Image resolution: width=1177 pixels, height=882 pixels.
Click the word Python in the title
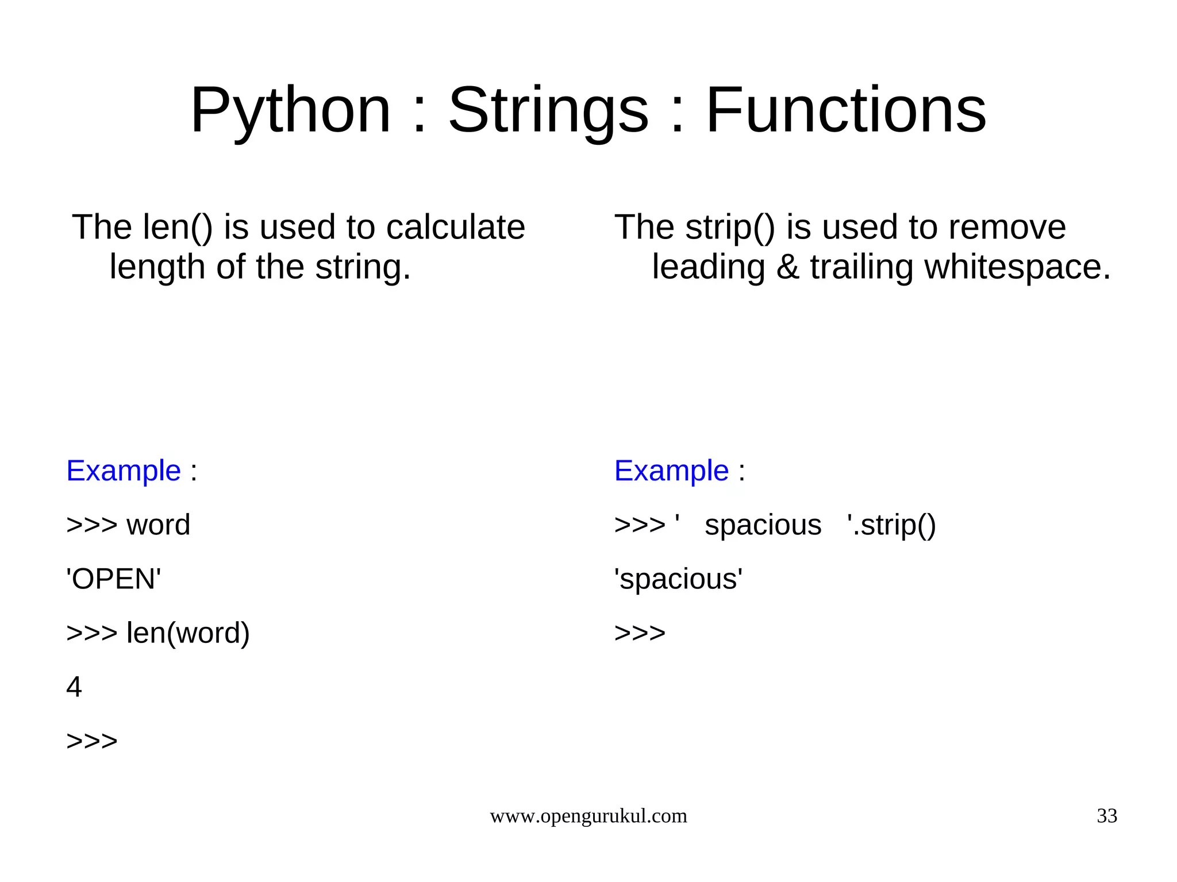(290, 110)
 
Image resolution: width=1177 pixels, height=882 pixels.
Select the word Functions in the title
(845, 110)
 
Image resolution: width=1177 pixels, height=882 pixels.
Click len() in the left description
(177, 227)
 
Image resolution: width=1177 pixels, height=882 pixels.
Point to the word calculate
(455, 227)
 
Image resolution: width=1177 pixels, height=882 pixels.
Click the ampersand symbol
(787, 267)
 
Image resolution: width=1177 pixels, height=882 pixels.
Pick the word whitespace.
(1017, 267)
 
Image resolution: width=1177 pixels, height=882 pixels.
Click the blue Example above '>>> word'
(124, 471)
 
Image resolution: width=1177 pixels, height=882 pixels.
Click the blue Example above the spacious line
(671, 471)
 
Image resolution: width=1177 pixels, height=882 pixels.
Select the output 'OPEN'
(114, 579)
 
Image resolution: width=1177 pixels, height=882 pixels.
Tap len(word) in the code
(188, 633)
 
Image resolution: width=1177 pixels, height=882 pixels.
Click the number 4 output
(74, 687)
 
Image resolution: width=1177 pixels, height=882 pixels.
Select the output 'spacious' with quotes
(678, 579)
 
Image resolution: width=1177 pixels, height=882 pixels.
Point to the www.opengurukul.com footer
(588, 816)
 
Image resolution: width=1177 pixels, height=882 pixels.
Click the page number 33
(1106, 816)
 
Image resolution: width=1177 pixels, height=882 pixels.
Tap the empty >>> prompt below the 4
(92, 741)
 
